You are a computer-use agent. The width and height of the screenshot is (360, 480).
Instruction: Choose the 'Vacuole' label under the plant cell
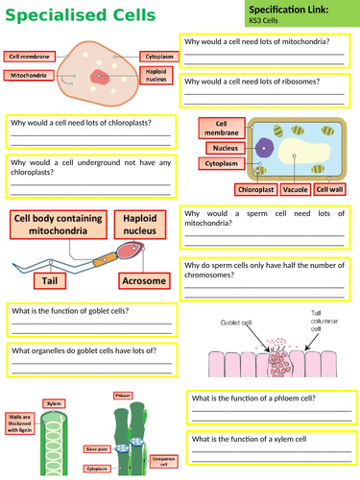pos(294,190)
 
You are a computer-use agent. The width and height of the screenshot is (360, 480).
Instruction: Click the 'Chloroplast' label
pos(253,190)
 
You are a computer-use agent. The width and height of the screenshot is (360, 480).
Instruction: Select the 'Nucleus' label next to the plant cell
pos(228,147)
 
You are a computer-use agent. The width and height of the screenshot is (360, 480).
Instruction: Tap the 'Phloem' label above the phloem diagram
pos(124,395)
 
